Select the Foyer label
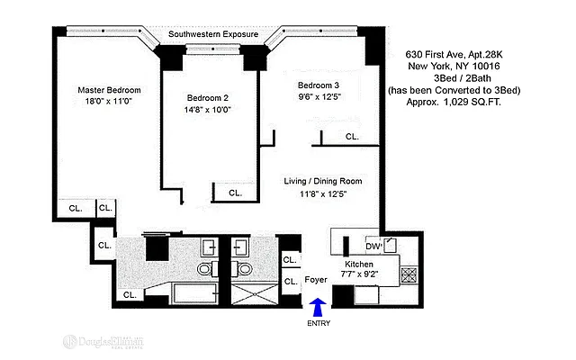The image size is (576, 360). click(316, 280)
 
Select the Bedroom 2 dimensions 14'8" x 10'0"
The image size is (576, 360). click(208, 111)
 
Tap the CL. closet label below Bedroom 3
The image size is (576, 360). click(351, 138)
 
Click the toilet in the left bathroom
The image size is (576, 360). click(204, 269)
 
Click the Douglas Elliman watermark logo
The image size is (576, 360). click(103, 343)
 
